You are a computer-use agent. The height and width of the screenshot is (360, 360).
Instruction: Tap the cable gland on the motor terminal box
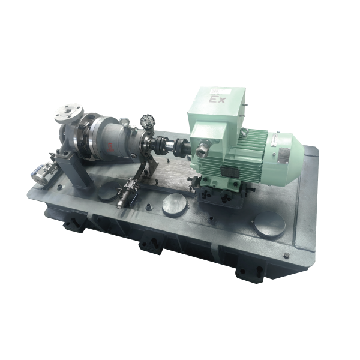pos(203,145)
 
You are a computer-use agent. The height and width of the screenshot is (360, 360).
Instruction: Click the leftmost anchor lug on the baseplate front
pos(71,224)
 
